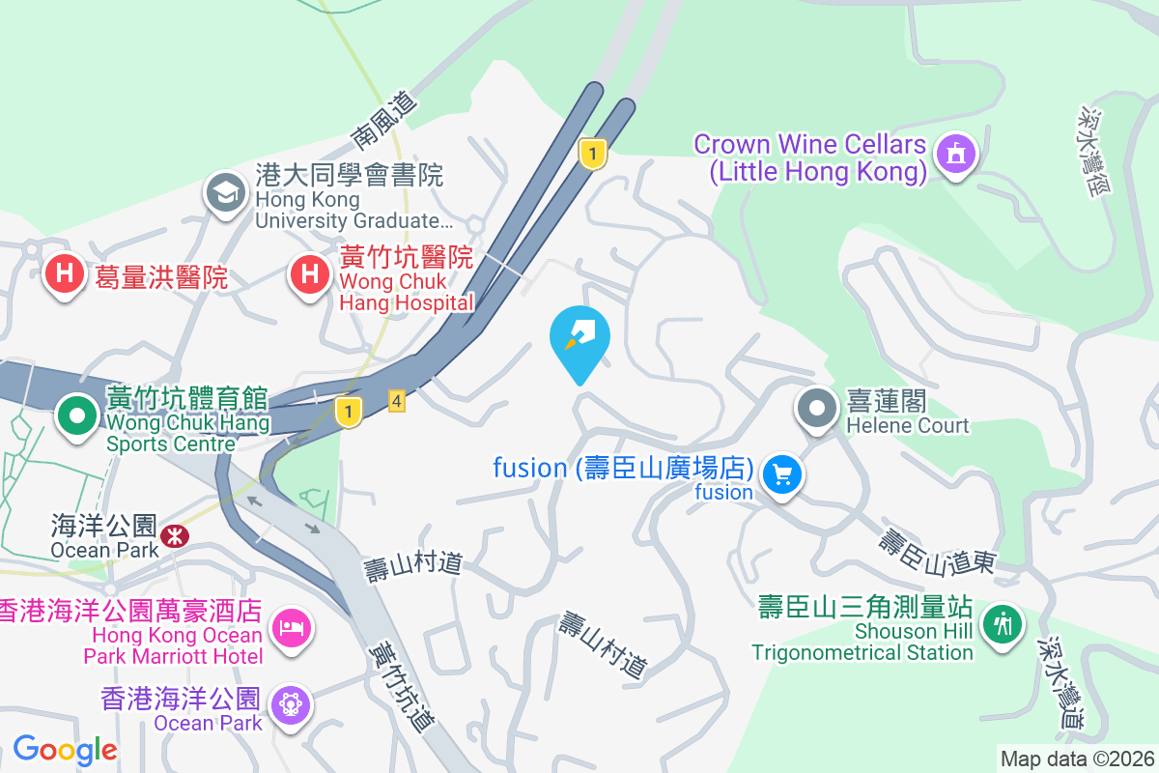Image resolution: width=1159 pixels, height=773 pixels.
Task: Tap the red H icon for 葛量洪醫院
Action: tap(65, 275)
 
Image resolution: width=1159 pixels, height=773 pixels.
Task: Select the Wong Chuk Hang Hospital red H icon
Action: tap(309, 275)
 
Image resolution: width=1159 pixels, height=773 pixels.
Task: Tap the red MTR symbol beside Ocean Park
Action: tap(176, 534)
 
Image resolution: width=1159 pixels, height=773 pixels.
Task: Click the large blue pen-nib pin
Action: tap(579, 338)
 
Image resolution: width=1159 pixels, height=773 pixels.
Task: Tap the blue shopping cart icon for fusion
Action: tap(782, 474)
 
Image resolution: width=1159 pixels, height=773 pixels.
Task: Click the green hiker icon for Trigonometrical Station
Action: tap(1004, 623)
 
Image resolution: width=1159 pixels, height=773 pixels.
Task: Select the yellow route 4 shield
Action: tap(396, 401)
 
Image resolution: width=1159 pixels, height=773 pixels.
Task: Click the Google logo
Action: tap(65, 749)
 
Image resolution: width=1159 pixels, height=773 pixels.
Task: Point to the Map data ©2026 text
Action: tap(1077, 759)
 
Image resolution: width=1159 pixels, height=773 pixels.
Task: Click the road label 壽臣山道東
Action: tap(936, 550)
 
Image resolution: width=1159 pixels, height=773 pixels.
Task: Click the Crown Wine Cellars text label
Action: tap(810, 158)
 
